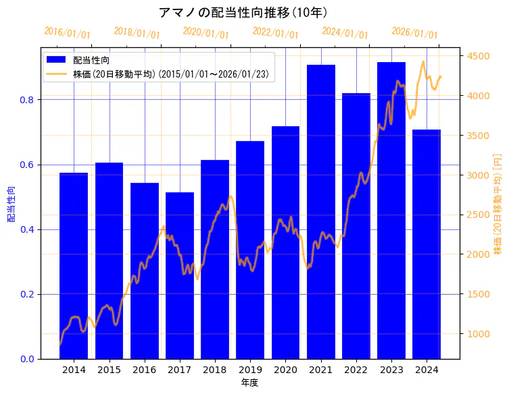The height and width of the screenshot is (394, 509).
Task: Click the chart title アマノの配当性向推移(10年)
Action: pos(243,13)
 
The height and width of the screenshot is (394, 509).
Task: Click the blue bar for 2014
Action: pos(74,266)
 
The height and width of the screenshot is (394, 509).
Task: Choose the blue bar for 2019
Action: pos(250,250)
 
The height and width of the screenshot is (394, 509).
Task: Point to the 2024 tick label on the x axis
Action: pos(427,370)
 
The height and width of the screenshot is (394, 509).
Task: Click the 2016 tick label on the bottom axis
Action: pos(144,370)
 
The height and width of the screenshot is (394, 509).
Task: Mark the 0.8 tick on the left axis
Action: pos(27,100)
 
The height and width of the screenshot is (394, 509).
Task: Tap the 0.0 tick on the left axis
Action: pos(27,359)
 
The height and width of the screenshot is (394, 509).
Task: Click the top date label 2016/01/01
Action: pos(67,33)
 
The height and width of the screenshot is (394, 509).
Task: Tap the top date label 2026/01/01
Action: pos(414,33)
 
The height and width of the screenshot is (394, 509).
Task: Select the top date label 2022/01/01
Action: pos(275,33)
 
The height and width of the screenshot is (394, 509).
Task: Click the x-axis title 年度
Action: pos(249,383)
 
